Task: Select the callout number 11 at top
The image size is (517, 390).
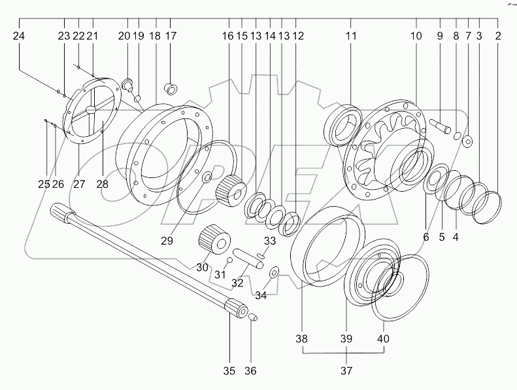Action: (351, 36)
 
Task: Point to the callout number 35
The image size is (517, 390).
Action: (229, 371)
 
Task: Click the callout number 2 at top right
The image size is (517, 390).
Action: (498, 36)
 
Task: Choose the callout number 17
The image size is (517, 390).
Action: (171, 36)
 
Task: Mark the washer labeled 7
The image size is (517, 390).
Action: (468, 141)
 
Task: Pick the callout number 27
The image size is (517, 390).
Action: (79, 184)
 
